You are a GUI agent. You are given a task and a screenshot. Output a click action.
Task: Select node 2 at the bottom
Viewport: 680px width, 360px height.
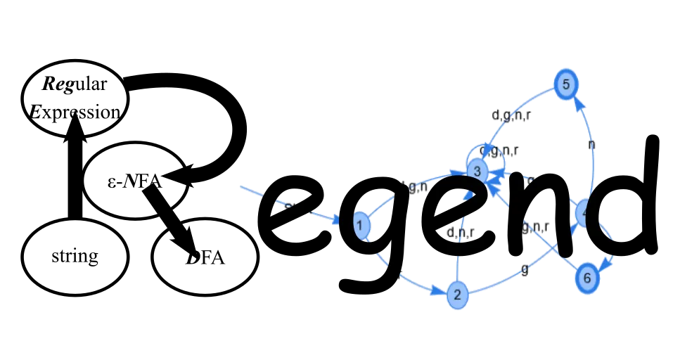457,295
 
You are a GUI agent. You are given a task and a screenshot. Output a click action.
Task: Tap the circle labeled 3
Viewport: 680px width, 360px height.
476,170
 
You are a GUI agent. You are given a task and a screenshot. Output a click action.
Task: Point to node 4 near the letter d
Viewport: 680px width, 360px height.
585,213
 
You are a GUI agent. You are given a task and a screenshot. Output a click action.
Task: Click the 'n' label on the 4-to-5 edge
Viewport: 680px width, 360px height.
592,144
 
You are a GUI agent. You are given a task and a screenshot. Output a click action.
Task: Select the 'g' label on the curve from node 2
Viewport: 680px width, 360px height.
522,269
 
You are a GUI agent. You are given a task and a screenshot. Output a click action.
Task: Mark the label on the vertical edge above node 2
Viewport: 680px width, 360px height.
458,231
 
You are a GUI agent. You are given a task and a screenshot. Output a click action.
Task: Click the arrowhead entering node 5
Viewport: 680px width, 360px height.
577,101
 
